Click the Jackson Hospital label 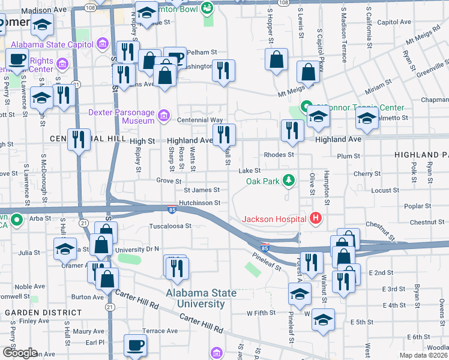[274, 218]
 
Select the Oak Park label [263, 181]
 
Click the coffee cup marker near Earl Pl [135, 345]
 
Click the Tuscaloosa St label [170, 227]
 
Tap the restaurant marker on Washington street [223, 70]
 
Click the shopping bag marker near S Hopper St [276, 59]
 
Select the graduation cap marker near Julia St [65, 248]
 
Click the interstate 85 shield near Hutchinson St [172, 210]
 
